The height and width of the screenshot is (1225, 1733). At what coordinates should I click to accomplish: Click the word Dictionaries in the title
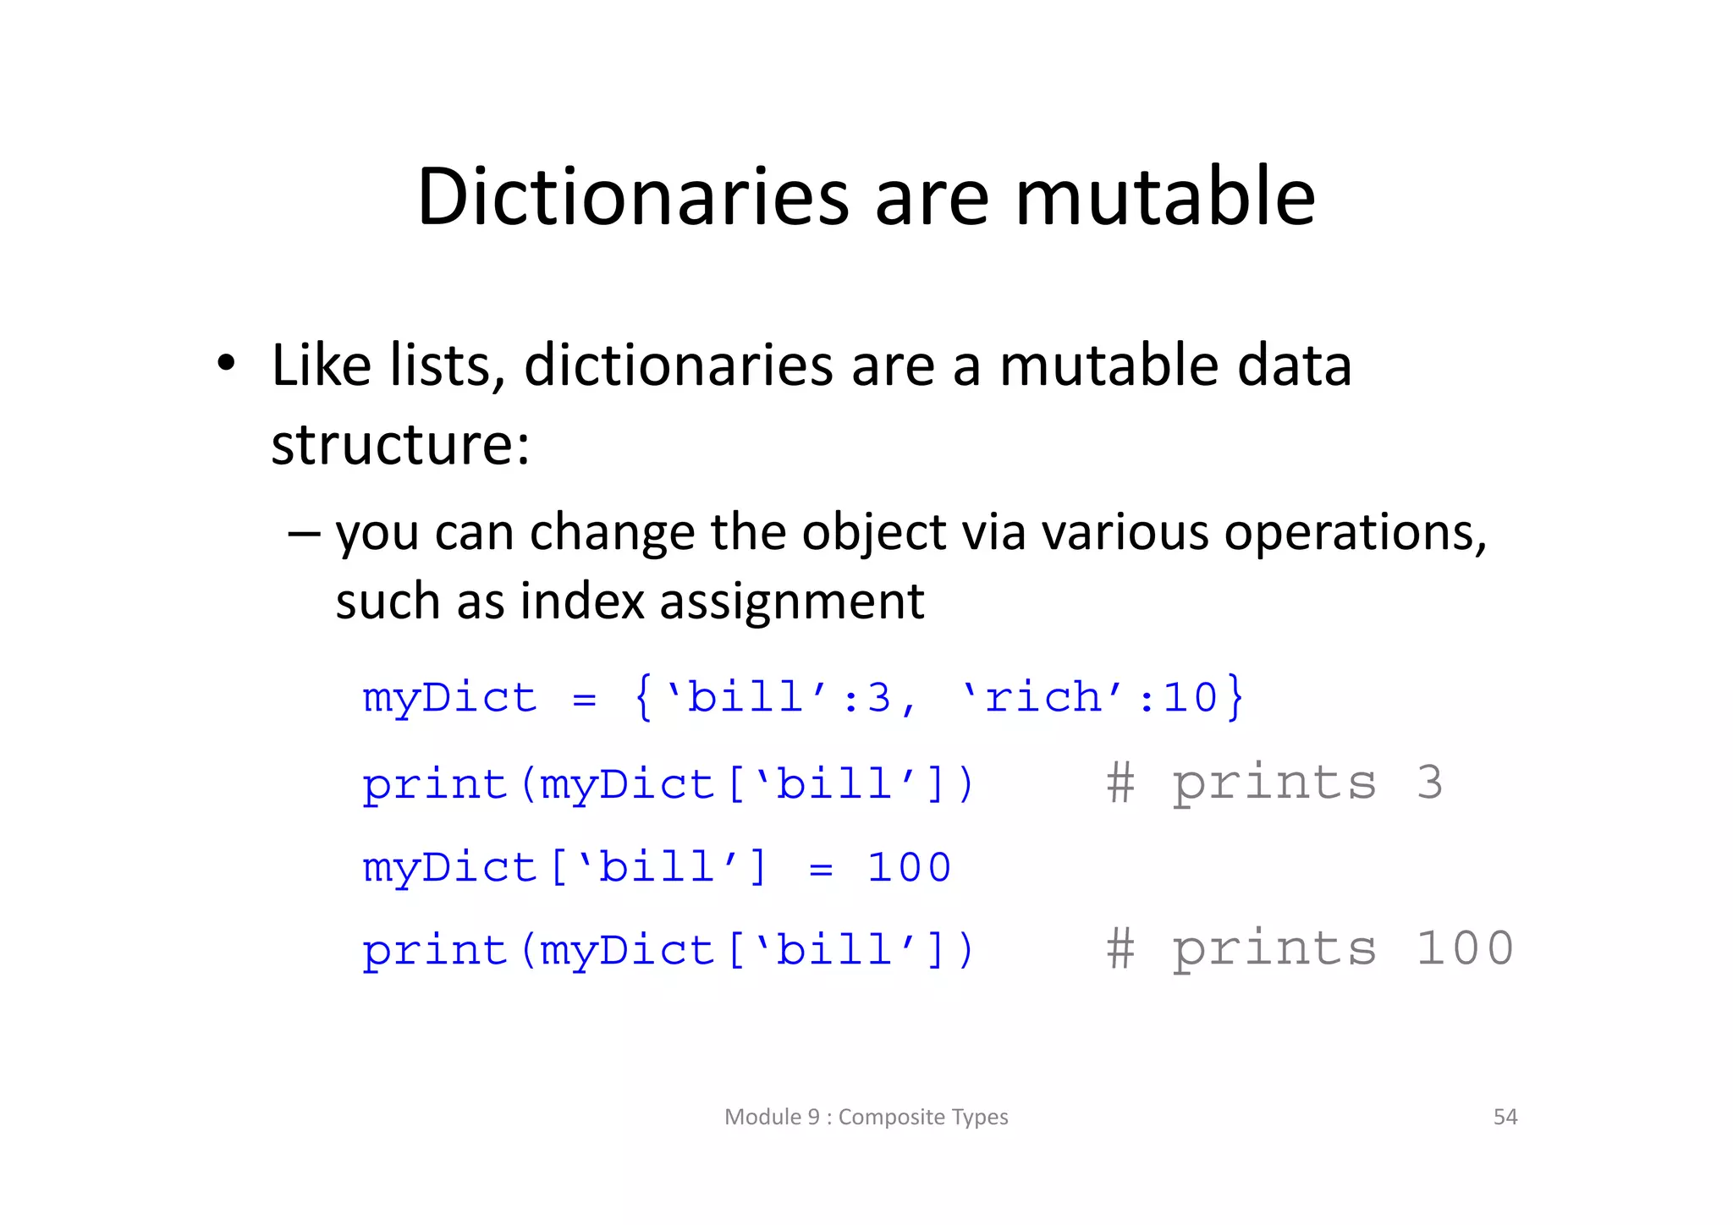point(633,197)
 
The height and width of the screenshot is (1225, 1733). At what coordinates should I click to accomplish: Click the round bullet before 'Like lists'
point(226,364)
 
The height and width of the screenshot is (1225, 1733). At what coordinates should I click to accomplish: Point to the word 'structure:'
point(399,445)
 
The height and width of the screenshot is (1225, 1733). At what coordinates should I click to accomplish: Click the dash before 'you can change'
point(304,534)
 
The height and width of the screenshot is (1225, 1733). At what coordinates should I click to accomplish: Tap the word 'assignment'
point(791,602)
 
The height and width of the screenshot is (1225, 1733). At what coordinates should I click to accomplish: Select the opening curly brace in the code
point(644,698)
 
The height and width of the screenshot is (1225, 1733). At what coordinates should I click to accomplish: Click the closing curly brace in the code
point(1235,698)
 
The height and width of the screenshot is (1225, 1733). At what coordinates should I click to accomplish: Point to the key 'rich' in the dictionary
point(1043,698)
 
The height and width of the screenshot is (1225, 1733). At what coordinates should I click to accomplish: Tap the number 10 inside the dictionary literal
point(1190,698)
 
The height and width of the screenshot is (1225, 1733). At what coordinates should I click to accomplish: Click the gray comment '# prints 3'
point(1274,783)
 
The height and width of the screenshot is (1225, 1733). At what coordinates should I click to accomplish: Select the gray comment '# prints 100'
point(1309,948)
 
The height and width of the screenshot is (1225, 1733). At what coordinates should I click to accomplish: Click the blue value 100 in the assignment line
point(909,868)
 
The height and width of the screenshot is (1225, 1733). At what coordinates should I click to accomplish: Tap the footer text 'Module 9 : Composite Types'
point(866,1117)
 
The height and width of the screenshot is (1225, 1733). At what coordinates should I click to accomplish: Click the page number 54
point(1505,1117)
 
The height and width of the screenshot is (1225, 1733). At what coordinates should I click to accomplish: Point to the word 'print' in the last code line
point(434,951)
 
